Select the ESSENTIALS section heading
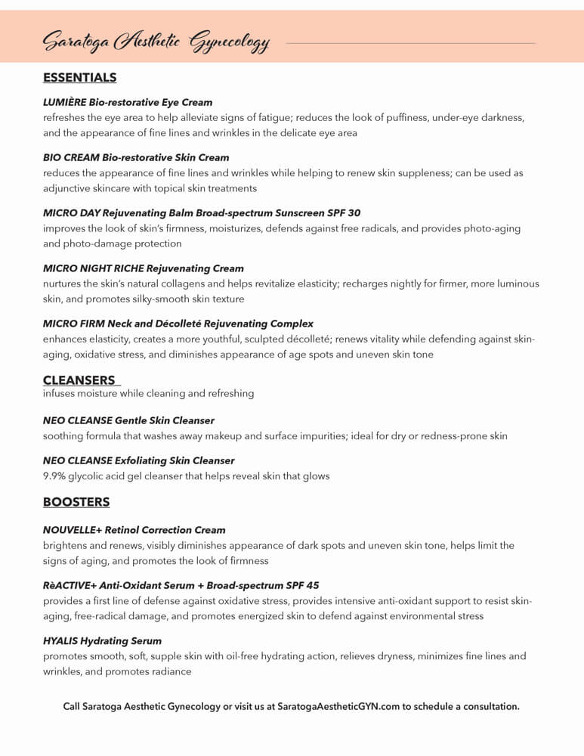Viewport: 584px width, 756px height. (79, 78)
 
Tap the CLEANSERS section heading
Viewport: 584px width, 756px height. (79, 380)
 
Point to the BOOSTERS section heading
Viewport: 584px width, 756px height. (76, 502)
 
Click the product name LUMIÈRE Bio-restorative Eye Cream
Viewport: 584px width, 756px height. (128, 102)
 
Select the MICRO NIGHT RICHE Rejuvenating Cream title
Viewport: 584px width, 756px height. (144, 268)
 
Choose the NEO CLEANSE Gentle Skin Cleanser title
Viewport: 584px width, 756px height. (128, 420)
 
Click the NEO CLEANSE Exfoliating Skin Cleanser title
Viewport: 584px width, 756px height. (138, 460)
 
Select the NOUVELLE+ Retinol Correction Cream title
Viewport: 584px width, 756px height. (134, 530)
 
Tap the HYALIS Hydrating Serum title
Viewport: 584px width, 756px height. (102, 641)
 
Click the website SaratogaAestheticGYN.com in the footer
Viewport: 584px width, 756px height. (338, 707)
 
